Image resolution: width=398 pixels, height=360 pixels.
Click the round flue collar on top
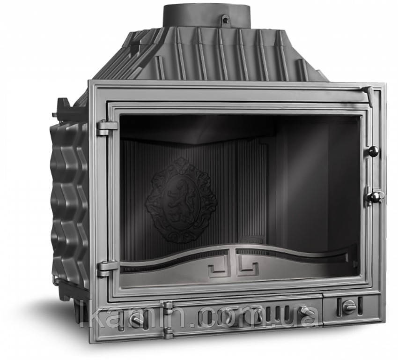(x=206, y=15)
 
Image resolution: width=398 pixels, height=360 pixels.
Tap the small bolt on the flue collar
(x=225, y=19)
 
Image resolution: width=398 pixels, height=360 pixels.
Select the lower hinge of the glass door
(x=107, y=269)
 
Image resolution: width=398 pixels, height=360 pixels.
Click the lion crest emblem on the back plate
(x=181, y=200)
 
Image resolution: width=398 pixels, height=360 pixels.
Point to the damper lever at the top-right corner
(x=369, y=95)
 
